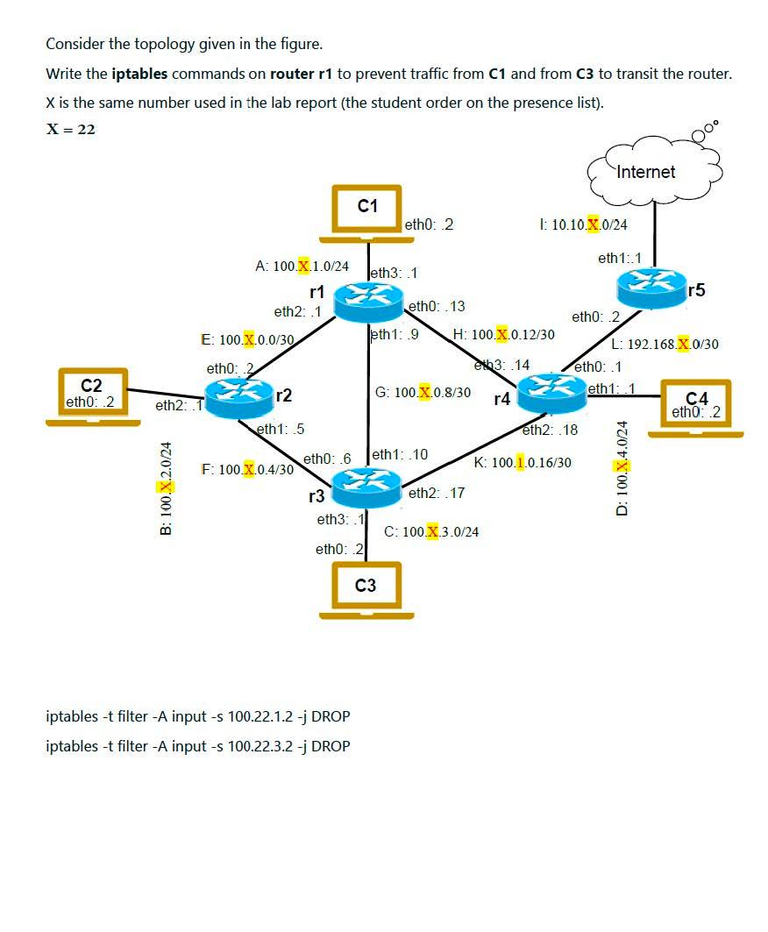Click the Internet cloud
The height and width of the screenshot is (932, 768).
point(654,168)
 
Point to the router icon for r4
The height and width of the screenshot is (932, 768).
point(551,393)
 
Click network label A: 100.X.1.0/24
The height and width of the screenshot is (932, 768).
point(302,266)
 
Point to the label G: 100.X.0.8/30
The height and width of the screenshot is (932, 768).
point(423,392)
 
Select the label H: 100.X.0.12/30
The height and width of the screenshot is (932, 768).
point(504,335)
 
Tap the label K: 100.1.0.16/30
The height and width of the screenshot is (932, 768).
point(523,462)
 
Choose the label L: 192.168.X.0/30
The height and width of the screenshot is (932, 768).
point(665,345)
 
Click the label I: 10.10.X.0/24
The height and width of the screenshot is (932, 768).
point(585,224)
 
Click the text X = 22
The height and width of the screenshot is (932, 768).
point(71,129)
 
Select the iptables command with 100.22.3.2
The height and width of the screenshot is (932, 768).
point(197,746)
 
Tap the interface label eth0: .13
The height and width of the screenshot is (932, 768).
point(437,306)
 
